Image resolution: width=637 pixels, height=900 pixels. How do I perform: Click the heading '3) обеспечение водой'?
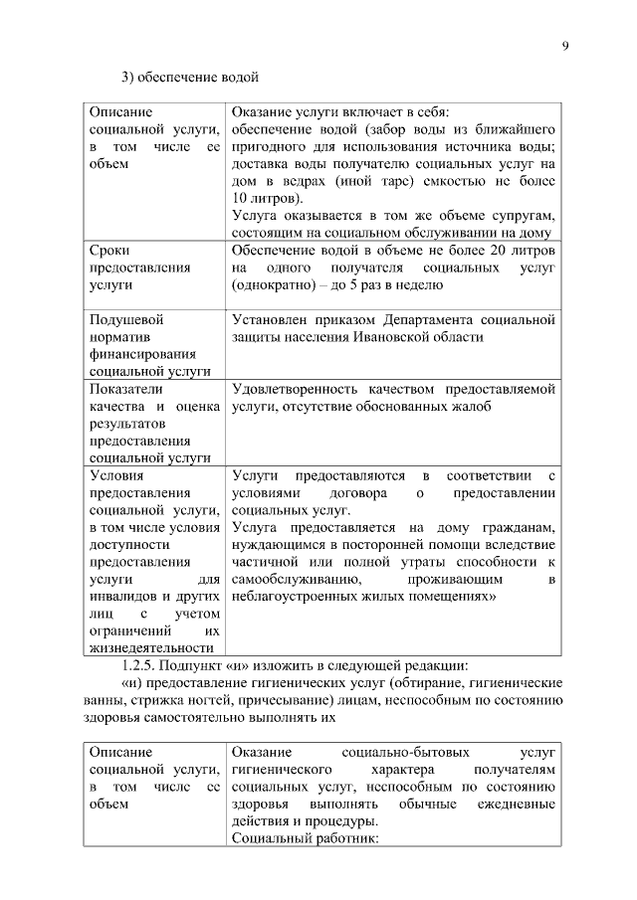point(190,78)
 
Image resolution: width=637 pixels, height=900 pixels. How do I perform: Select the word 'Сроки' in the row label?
point(108,250)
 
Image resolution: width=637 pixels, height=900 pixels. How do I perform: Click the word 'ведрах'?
point(308,180)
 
